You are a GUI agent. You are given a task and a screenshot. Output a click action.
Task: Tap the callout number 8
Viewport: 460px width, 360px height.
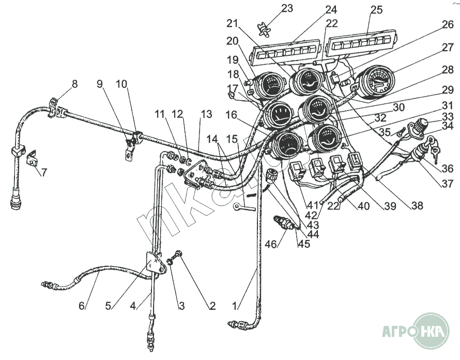click(75, 83)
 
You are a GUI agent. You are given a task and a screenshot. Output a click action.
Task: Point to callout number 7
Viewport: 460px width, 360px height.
click(44, 172)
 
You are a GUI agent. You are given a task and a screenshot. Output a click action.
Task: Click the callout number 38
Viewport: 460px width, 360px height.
click(417, 205)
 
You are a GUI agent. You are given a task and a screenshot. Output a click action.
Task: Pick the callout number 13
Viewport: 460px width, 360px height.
click(207, 113)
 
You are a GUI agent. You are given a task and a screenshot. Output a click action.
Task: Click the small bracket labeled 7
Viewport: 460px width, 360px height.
click(32, 159)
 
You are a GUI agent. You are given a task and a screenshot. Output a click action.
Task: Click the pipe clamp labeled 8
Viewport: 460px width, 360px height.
click(57, 107)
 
